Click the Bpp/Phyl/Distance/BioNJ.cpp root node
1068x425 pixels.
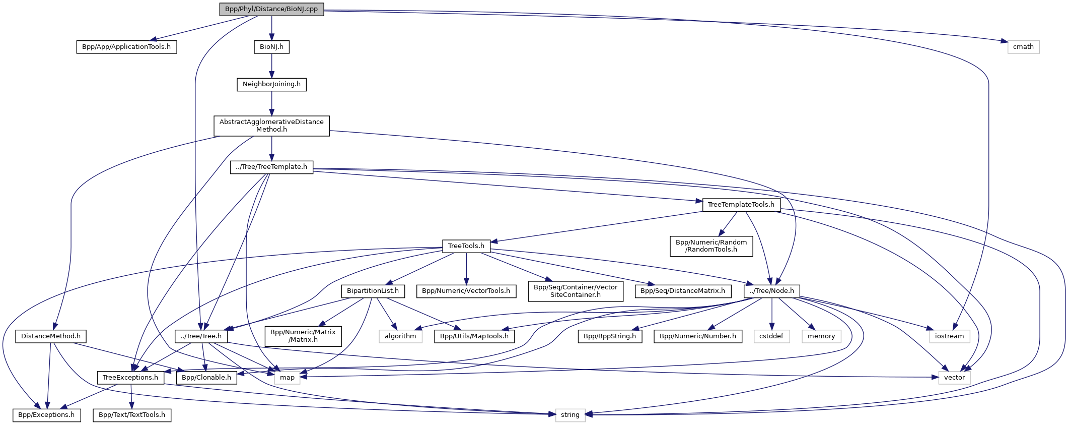pyautogui.click(x=271, y=9)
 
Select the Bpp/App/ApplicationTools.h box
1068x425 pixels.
pyautogui.click(x=126, y=47)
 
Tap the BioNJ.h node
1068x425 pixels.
pyautogui.click(x=271, y=47)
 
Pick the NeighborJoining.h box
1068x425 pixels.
pyautogui.click(x=271, y=84)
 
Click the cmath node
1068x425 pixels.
pyautogui.click(x=1023, y=47)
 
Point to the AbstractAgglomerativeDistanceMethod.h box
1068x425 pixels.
pyautogui.click(x=271, y=126)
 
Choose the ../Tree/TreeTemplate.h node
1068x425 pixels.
pyautogui.click(x=271, y=167)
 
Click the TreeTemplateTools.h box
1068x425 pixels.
pyautogui.click(x=741, y=205)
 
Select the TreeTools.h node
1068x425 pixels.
pyautogui.click(x=466, y=246)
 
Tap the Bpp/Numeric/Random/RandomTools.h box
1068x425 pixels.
pyautogui.click(x=711, y=246)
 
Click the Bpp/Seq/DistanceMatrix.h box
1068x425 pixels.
pyautogui.click(x=682, y=291)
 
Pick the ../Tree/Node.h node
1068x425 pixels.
pyautogui.click(x=771, y=291)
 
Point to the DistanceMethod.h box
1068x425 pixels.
pyautogui.click(x=51, y=336)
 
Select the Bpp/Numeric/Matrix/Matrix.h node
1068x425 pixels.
pyautogui.click(x=303, y=336)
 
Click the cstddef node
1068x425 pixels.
pyautogui.click(x=771, y=336)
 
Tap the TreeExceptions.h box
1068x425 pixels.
pyautogui.click(x=130, y=378)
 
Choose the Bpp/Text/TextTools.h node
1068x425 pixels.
pyautogui.click(x=132, y=415)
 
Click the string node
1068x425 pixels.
pyautogui.click(x=570, y=415)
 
